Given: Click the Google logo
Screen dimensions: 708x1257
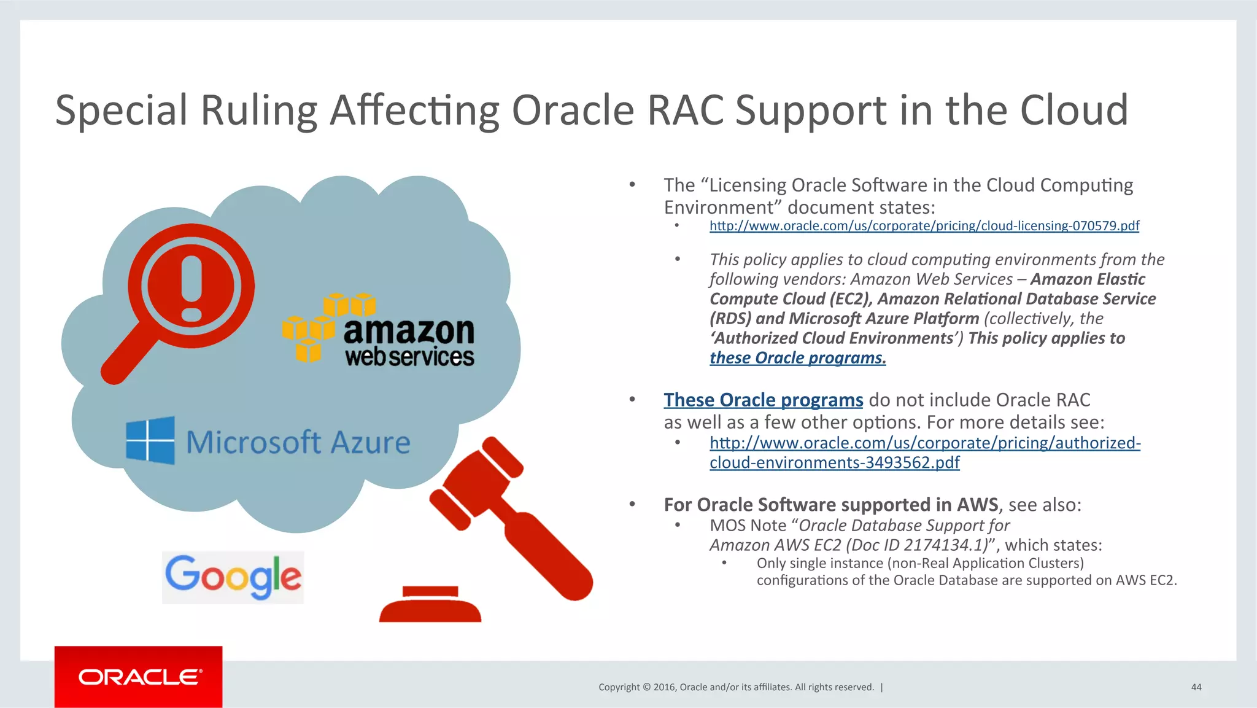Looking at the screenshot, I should click(x=233, y=577).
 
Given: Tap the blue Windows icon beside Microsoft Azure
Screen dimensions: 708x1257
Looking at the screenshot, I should click(x=150, y=440).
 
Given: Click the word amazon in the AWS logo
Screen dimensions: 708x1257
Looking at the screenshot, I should click(x=409, y=332).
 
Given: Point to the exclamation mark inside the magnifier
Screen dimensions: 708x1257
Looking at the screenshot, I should click(x=191, y=287).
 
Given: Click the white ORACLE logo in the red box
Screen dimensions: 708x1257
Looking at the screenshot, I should click(x=139, y=677).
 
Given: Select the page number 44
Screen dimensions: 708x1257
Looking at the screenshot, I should click(x=1196, y=687).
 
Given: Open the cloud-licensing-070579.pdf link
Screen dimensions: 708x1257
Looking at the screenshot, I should click(x=924, y=226).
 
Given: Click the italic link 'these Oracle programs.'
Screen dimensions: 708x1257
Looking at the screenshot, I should click(x=797, y=358).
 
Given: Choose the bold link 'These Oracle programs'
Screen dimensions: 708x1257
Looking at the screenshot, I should click(x=763, y=400).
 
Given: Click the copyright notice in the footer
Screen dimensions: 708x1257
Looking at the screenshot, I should click(x=736, y=687).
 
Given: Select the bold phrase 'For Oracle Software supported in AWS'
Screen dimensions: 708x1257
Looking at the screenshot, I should click(x=831, y=505).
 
